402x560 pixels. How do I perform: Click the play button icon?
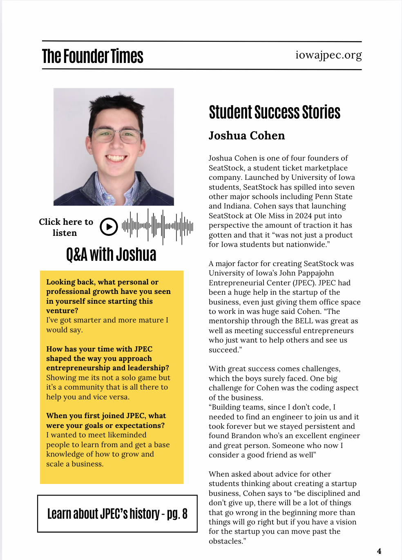[109, 227]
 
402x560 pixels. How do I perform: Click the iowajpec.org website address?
[328, 55]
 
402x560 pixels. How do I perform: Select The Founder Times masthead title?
[93, 56]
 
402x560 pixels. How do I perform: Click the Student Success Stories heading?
[275, 112]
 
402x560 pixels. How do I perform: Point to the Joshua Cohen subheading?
[247, 136]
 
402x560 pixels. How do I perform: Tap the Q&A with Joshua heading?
[111, 255]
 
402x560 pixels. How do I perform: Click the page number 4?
[379, 551]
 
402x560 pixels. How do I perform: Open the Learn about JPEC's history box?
[117, 514]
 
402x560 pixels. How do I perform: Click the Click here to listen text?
[66, 227]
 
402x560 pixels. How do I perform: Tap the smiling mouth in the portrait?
[116, 157]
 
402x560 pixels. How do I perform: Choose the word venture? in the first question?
[62, 311]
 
